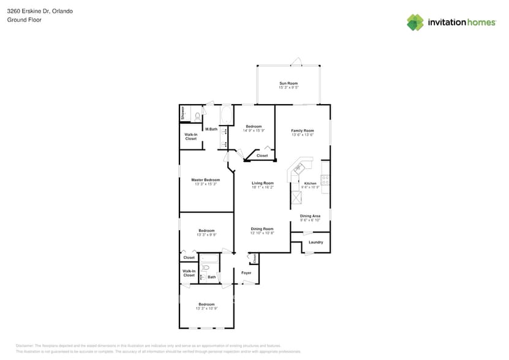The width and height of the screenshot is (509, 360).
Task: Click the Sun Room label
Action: click(x=288, y=83)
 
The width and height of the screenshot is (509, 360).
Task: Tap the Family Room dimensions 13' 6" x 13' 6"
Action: click(x=302, y=135)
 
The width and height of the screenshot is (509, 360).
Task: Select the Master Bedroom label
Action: click(x=206, y=180)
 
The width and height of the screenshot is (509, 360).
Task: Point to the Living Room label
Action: click(x=262, y=183)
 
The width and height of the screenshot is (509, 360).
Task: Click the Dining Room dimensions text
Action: click(x=262, y=233)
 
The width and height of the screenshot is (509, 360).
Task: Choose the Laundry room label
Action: click(x=315, y=242)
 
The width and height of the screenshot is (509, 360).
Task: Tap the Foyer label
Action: click(x=246, y=272)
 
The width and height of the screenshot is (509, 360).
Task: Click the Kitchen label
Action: click(x=311, y=184)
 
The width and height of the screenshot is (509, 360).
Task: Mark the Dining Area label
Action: click(x=310, y=216)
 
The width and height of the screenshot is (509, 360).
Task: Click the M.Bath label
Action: click(x=211, y=129)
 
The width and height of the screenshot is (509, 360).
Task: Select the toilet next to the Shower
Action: click(x=198, y=115)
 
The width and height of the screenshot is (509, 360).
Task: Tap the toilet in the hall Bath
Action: click(x=206, y=268)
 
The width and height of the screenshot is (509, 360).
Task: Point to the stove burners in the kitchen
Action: click(x=325, y=180)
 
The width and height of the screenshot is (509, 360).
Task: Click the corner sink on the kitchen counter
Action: click(x=298, y=168)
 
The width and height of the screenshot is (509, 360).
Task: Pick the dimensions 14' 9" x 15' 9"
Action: click(x=254, y=130)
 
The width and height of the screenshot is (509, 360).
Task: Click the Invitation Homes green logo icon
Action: click(x=415, y=22)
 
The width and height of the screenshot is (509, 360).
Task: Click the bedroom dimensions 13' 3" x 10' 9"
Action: click(x=206, y=309)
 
